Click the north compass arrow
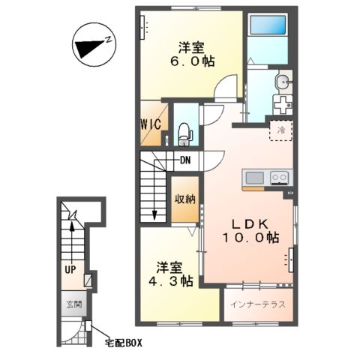(92, 45)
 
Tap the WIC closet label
(150, 124)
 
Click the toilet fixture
(184, 133)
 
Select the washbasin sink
(282, 82)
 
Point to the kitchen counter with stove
(267, 178)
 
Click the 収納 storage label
(187, 199)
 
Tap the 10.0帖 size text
(250, 238)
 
